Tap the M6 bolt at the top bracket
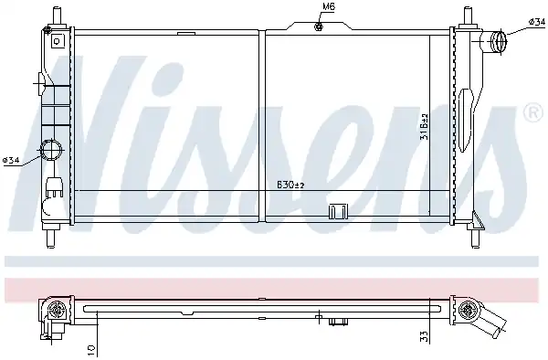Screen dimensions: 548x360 pos(319,26)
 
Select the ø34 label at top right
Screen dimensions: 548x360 pos(536,22)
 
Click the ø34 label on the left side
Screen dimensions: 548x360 pos(11,161)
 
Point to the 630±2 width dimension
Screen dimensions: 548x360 pos(290,185)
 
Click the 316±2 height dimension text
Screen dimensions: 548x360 pos(425,126)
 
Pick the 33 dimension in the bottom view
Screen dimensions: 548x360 pos(425,336)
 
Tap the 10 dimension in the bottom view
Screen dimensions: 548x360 pos(90,350)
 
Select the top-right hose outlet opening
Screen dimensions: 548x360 pos(499,42)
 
